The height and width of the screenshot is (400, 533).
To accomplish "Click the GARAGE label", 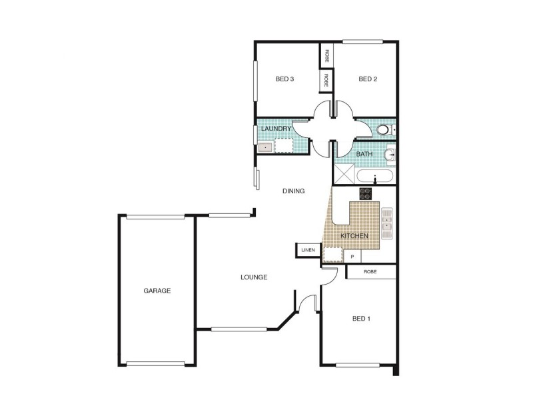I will click(157, 291).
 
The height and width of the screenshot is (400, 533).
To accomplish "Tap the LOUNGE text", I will click(255, 277).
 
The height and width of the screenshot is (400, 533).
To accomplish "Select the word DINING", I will click(293, 191).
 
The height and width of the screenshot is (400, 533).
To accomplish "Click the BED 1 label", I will click(361, 319).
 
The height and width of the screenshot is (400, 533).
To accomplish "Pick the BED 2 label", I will click(368, 79).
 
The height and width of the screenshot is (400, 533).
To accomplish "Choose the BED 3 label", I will click(285, 79).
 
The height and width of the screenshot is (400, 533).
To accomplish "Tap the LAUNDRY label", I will click(276, 129).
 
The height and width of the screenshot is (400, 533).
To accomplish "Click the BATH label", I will click(364, 154).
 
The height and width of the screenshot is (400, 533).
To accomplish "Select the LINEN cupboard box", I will click(307, 250).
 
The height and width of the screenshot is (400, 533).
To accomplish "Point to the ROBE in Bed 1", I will click(371, 272).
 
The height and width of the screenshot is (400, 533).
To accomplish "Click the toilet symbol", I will click(384, 130).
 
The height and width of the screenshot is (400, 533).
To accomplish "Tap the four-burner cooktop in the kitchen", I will click(366, 193).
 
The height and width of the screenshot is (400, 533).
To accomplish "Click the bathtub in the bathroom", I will click(376, 177).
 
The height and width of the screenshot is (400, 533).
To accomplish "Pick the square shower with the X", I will click(344, 175).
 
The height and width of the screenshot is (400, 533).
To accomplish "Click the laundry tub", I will click(265, 147).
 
